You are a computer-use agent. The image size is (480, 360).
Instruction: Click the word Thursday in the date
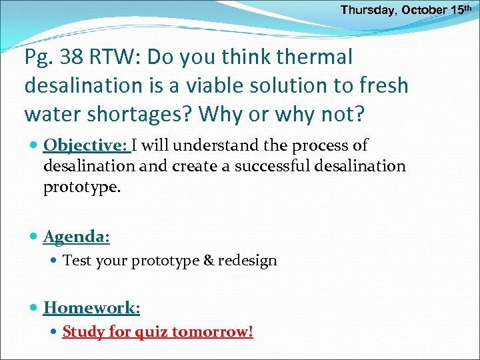coord(369,11)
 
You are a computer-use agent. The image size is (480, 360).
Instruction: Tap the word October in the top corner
coord(424,11)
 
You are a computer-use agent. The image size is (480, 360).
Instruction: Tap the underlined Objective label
coord(86,145)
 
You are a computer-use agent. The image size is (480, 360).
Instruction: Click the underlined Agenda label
coord(76,236)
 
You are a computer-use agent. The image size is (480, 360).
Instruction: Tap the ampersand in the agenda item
coord(209,261)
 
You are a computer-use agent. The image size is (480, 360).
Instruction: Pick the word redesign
coord(247,261)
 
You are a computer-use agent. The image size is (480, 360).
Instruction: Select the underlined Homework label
coord(91,307)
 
